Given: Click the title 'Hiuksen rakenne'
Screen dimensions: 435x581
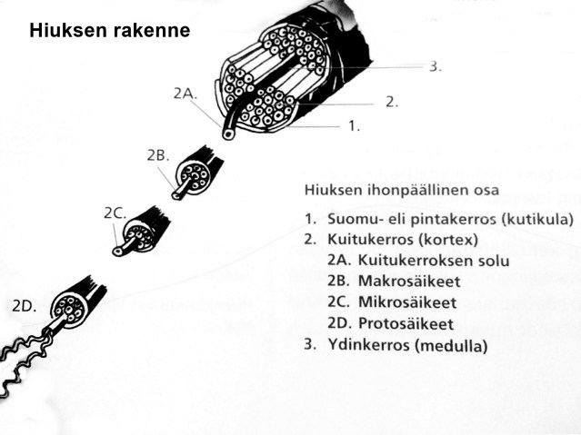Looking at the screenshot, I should click(109, 31).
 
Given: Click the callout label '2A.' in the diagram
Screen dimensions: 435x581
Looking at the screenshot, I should click(184, 94).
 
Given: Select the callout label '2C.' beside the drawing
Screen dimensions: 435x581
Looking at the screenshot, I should click(114, 213).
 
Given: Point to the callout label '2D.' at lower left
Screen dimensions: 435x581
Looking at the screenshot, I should click(24, 307).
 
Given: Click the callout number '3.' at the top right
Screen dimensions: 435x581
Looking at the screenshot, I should click(436, 66).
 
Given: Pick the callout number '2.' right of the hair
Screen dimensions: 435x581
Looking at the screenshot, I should click(391, 102).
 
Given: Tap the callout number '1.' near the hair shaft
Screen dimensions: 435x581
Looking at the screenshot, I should click(355, 126).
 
